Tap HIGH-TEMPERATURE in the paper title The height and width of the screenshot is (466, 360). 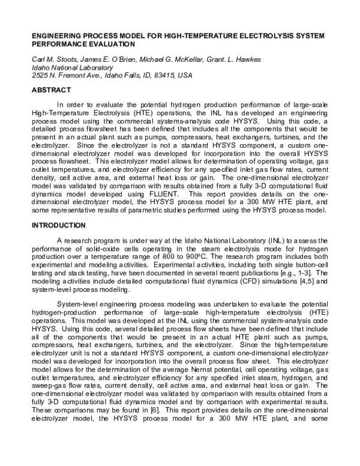204,35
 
